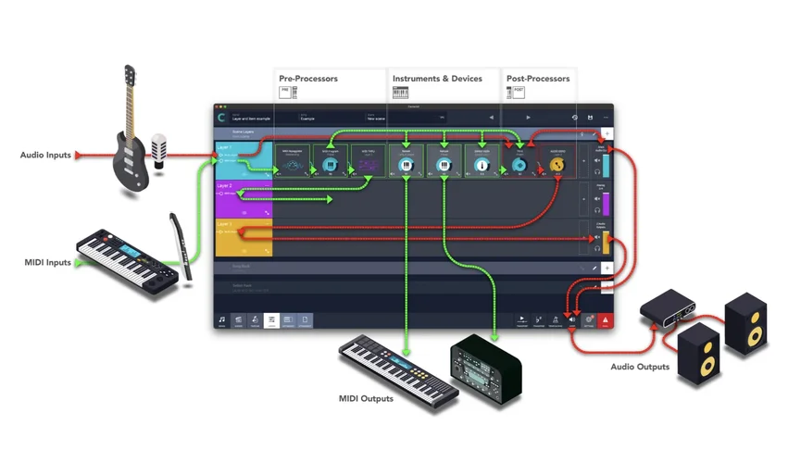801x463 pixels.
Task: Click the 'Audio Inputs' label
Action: (x=45, y=156)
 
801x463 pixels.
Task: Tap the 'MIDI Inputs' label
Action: (x=47, y=263)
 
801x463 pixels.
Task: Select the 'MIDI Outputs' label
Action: (x=366, y=399)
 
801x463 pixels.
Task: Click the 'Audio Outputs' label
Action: (x=640, y=367)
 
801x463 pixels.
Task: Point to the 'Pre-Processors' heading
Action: (x=308, y=79)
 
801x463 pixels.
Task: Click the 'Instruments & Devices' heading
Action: (x=437, y=79)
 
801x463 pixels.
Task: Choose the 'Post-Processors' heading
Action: (x=538, y=79)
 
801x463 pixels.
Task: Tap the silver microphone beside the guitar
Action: (x=159, y=150)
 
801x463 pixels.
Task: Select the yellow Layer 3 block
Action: (x=244, y=237)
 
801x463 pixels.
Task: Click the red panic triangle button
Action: (x=604, y=320)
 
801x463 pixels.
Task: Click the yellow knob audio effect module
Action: (x=557, y=165)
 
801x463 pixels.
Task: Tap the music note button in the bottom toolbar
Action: (x=222, y=320)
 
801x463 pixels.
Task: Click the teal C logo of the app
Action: (x=222, y=118)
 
